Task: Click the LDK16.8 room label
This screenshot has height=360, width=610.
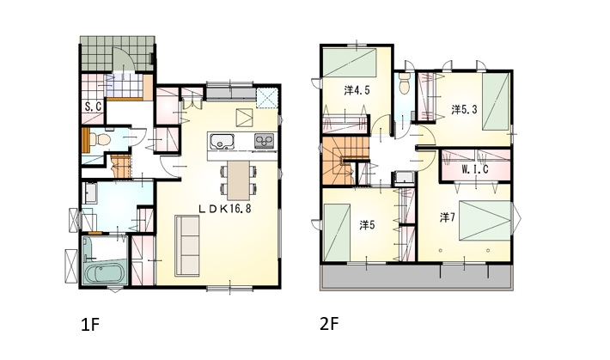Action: tap(224, 209)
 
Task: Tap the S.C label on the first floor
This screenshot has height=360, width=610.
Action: tap(94, 107)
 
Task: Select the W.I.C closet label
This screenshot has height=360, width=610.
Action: tap(475, 169)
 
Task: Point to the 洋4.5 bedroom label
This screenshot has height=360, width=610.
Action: tap(357, 91)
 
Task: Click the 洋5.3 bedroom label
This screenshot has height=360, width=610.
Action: tap(464, 110)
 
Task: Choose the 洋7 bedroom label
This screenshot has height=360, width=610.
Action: tap(448, 217)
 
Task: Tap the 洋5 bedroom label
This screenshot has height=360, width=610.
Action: tap(367, 225)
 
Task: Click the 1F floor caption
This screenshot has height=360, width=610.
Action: tap(91, 325)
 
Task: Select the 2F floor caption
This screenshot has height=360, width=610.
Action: tap(329, 324)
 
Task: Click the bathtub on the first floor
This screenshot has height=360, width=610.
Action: tap(104, 274)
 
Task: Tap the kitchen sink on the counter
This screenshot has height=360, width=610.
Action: tap(222, 141)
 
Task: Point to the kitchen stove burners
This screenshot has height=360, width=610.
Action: tap(264, 141)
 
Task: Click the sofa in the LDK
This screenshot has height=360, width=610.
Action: tap(187, 246)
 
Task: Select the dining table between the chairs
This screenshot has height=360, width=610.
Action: tap(239, 181)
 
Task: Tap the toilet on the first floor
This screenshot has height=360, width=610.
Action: tap(101, 138)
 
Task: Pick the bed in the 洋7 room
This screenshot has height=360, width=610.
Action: tap(485, 220)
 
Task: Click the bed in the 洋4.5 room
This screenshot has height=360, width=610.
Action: tap(351, 62)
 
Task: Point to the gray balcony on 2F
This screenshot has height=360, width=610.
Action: tap(416, 278)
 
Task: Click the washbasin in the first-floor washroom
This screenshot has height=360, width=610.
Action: tap(91, 193)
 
